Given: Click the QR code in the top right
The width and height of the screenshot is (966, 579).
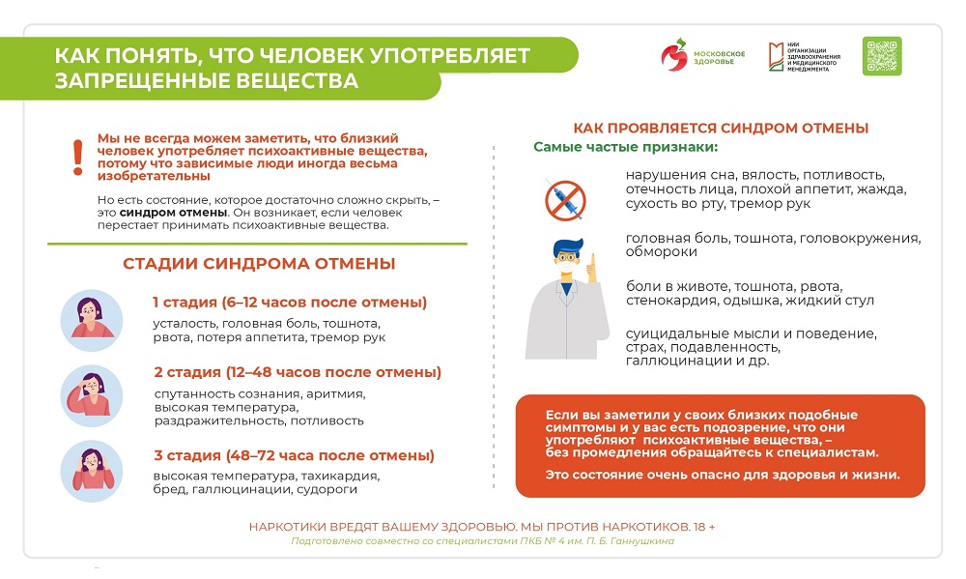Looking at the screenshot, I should pos(881,56).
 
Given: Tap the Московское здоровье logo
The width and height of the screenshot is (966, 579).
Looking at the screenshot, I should pos(700,56).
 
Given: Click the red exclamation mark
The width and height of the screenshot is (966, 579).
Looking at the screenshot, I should pos(78,158).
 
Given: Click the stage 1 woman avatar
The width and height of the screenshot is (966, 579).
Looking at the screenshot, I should pos(91,319).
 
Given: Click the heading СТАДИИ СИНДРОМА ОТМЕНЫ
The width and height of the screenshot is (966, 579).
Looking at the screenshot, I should pos(258,264).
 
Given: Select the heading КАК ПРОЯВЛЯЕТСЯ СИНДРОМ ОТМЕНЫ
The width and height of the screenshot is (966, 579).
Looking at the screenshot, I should pos(721,128).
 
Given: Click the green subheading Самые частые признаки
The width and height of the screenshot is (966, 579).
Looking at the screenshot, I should pos(626,148).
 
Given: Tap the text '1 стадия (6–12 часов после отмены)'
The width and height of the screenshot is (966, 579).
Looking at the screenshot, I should pos(290,303).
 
